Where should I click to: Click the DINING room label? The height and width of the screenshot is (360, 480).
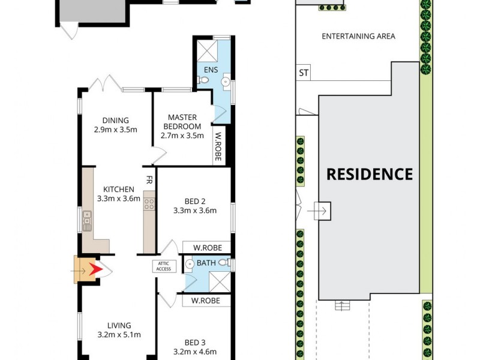[x=115, y=120]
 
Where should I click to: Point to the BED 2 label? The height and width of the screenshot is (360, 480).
[x=194, y=201]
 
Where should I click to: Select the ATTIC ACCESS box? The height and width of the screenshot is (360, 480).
[x=164, y=266]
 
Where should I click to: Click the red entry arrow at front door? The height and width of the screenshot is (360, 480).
[x=95, y=270]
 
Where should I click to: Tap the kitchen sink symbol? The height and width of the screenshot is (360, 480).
[x=88, y=220]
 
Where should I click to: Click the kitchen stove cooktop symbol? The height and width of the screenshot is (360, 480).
[x=149, y=205]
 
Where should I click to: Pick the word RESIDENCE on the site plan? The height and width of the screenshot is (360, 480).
[x=369, y=174]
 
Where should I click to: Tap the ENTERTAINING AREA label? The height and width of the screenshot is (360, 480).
[x=358, y=36]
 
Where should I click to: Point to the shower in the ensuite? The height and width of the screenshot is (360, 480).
[x=208, y=47]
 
